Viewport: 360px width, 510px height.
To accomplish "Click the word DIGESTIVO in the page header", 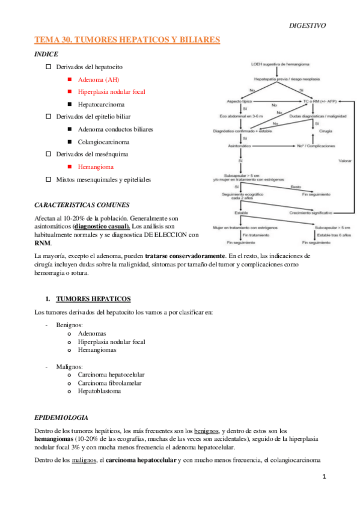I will point(307,26).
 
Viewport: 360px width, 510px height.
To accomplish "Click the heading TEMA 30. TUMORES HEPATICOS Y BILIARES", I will point(127,40).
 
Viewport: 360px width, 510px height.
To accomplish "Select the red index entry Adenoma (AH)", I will point(99,79).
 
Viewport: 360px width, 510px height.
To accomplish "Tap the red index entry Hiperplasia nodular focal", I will point(111,92).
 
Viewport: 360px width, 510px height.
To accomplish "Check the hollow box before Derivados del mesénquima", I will point(49,155).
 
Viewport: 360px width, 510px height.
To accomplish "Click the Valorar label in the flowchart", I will point(346,161).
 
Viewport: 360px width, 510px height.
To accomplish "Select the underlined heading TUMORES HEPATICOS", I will point(93,299).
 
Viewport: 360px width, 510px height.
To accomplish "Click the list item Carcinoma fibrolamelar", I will point(111,383).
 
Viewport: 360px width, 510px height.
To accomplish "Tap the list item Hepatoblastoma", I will point(99,392).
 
